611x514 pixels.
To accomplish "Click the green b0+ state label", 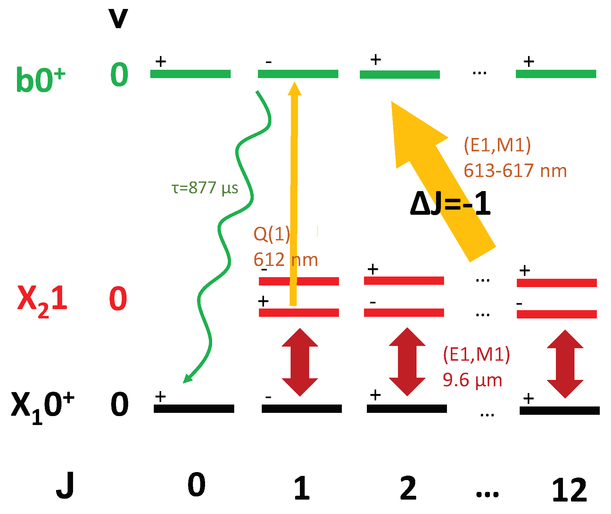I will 40,79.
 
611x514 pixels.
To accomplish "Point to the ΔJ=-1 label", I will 450,203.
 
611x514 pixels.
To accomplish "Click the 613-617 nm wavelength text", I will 515,170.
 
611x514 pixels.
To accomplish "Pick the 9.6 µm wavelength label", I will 472,380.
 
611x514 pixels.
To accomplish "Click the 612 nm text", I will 285,259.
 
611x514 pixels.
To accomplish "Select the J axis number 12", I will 569,490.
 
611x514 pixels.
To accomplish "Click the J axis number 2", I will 408,488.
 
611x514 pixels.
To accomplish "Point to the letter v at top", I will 118,19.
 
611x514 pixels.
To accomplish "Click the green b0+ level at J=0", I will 190,74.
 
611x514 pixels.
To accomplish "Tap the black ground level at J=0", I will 194,409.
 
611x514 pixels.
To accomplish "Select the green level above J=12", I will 556,74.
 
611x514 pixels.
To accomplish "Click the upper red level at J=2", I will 404,281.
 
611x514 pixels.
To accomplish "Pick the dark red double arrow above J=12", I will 565,364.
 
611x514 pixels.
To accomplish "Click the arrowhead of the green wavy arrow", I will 187,378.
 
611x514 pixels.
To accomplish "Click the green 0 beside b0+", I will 119,75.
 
